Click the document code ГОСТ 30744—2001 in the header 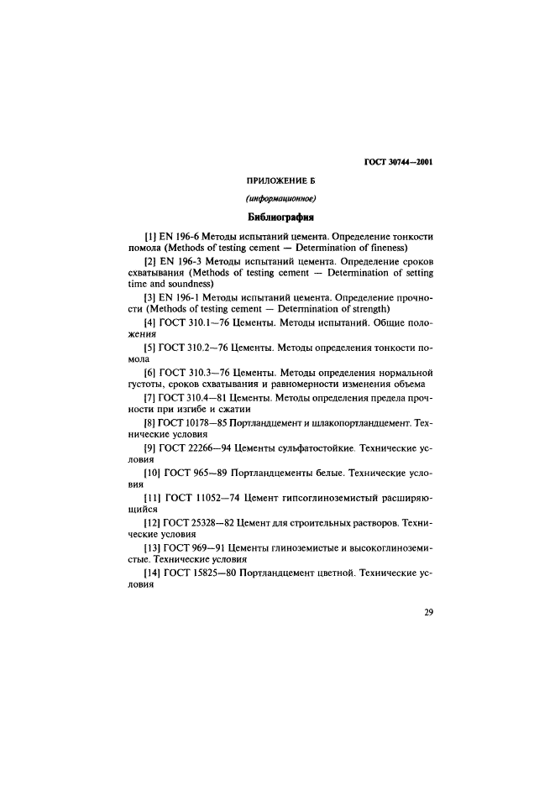(x=400, y=163)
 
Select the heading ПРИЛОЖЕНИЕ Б (x=280, y=181)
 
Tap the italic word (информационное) (x=280, y=201)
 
